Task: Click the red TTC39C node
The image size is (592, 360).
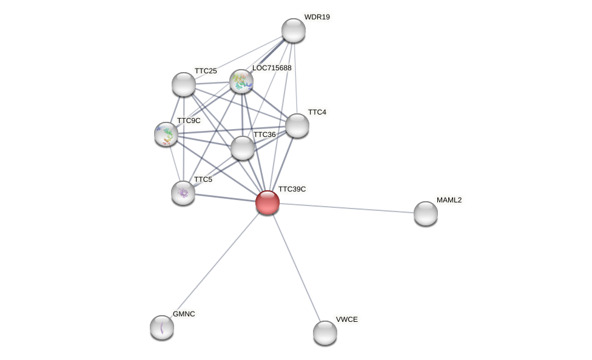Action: coord(267,202)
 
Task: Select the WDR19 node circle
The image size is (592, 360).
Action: coord(294,30)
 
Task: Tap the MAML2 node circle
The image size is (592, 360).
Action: coord(426,213)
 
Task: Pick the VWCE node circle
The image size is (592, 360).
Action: coord(325,333)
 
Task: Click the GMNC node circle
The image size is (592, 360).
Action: coord(162,327)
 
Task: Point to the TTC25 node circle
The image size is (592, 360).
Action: coord(184,84)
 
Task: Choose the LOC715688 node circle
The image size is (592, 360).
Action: coord(241,81)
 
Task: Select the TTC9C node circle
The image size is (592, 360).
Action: coord(166,134)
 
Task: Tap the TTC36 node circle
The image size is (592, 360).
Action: coord(243,148)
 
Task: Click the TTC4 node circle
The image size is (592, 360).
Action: coord(297,125)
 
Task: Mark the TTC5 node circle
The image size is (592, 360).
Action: coord(183,193)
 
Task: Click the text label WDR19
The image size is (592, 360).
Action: coord(317,17)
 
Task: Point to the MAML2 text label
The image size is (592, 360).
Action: coord(449,200)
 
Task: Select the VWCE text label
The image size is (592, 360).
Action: coord(347,319)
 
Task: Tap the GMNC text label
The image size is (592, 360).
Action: coord(184,314)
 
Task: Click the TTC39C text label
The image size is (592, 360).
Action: coord(292,189)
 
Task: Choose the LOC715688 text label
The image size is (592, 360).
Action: coord(272,68)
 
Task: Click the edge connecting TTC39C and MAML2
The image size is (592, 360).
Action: coord(346,208)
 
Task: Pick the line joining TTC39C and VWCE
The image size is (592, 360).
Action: coord(296,267)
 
